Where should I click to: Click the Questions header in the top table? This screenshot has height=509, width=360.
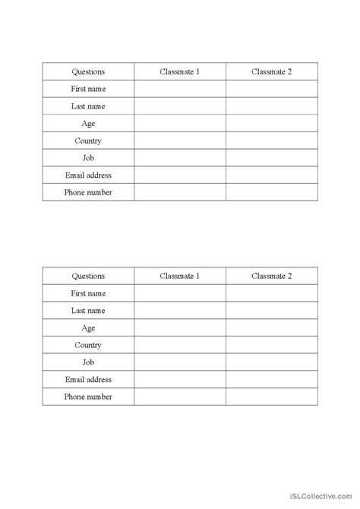[88, 72]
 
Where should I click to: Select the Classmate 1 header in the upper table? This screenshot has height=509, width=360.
[180, 72]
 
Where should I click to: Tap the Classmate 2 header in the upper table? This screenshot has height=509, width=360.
[271, 72]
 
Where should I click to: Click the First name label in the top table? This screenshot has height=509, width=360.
[88, 89]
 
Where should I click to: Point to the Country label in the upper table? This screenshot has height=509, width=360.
[88, 141]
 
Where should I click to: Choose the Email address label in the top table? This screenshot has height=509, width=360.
[88, 175]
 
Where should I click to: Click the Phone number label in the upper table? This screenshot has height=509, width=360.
[88, 192]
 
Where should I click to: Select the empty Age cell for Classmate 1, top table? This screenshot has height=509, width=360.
[180, 124]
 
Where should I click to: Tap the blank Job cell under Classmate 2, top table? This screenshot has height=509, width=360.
[271, 158]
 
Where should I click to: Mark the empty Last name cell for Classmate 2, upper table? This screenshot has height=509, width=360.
[271, 106]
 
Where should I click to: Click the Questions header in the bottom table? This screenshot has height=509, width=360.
[88, 277]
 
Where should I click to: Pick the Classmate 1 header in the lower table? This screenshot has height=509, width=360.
[180, 277]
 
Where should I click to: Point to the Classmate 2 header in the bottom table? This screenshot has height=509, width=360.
[271, 277]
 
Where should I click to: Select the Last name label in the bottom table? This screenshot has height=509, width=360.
[88, 311]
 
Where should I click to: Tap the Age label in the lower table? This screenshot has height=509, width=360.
[88, 328]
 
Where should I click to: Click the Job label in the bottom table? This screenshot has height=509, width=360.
[88, 362]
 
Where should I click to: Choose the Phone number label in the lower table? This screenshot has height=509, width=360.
[88, 397]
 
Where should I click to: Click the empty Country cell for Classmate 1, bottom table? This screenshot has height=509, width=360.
[180, 345]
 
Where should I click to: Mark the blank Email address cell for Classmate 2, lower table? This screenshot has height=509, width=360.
[271, 380]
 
